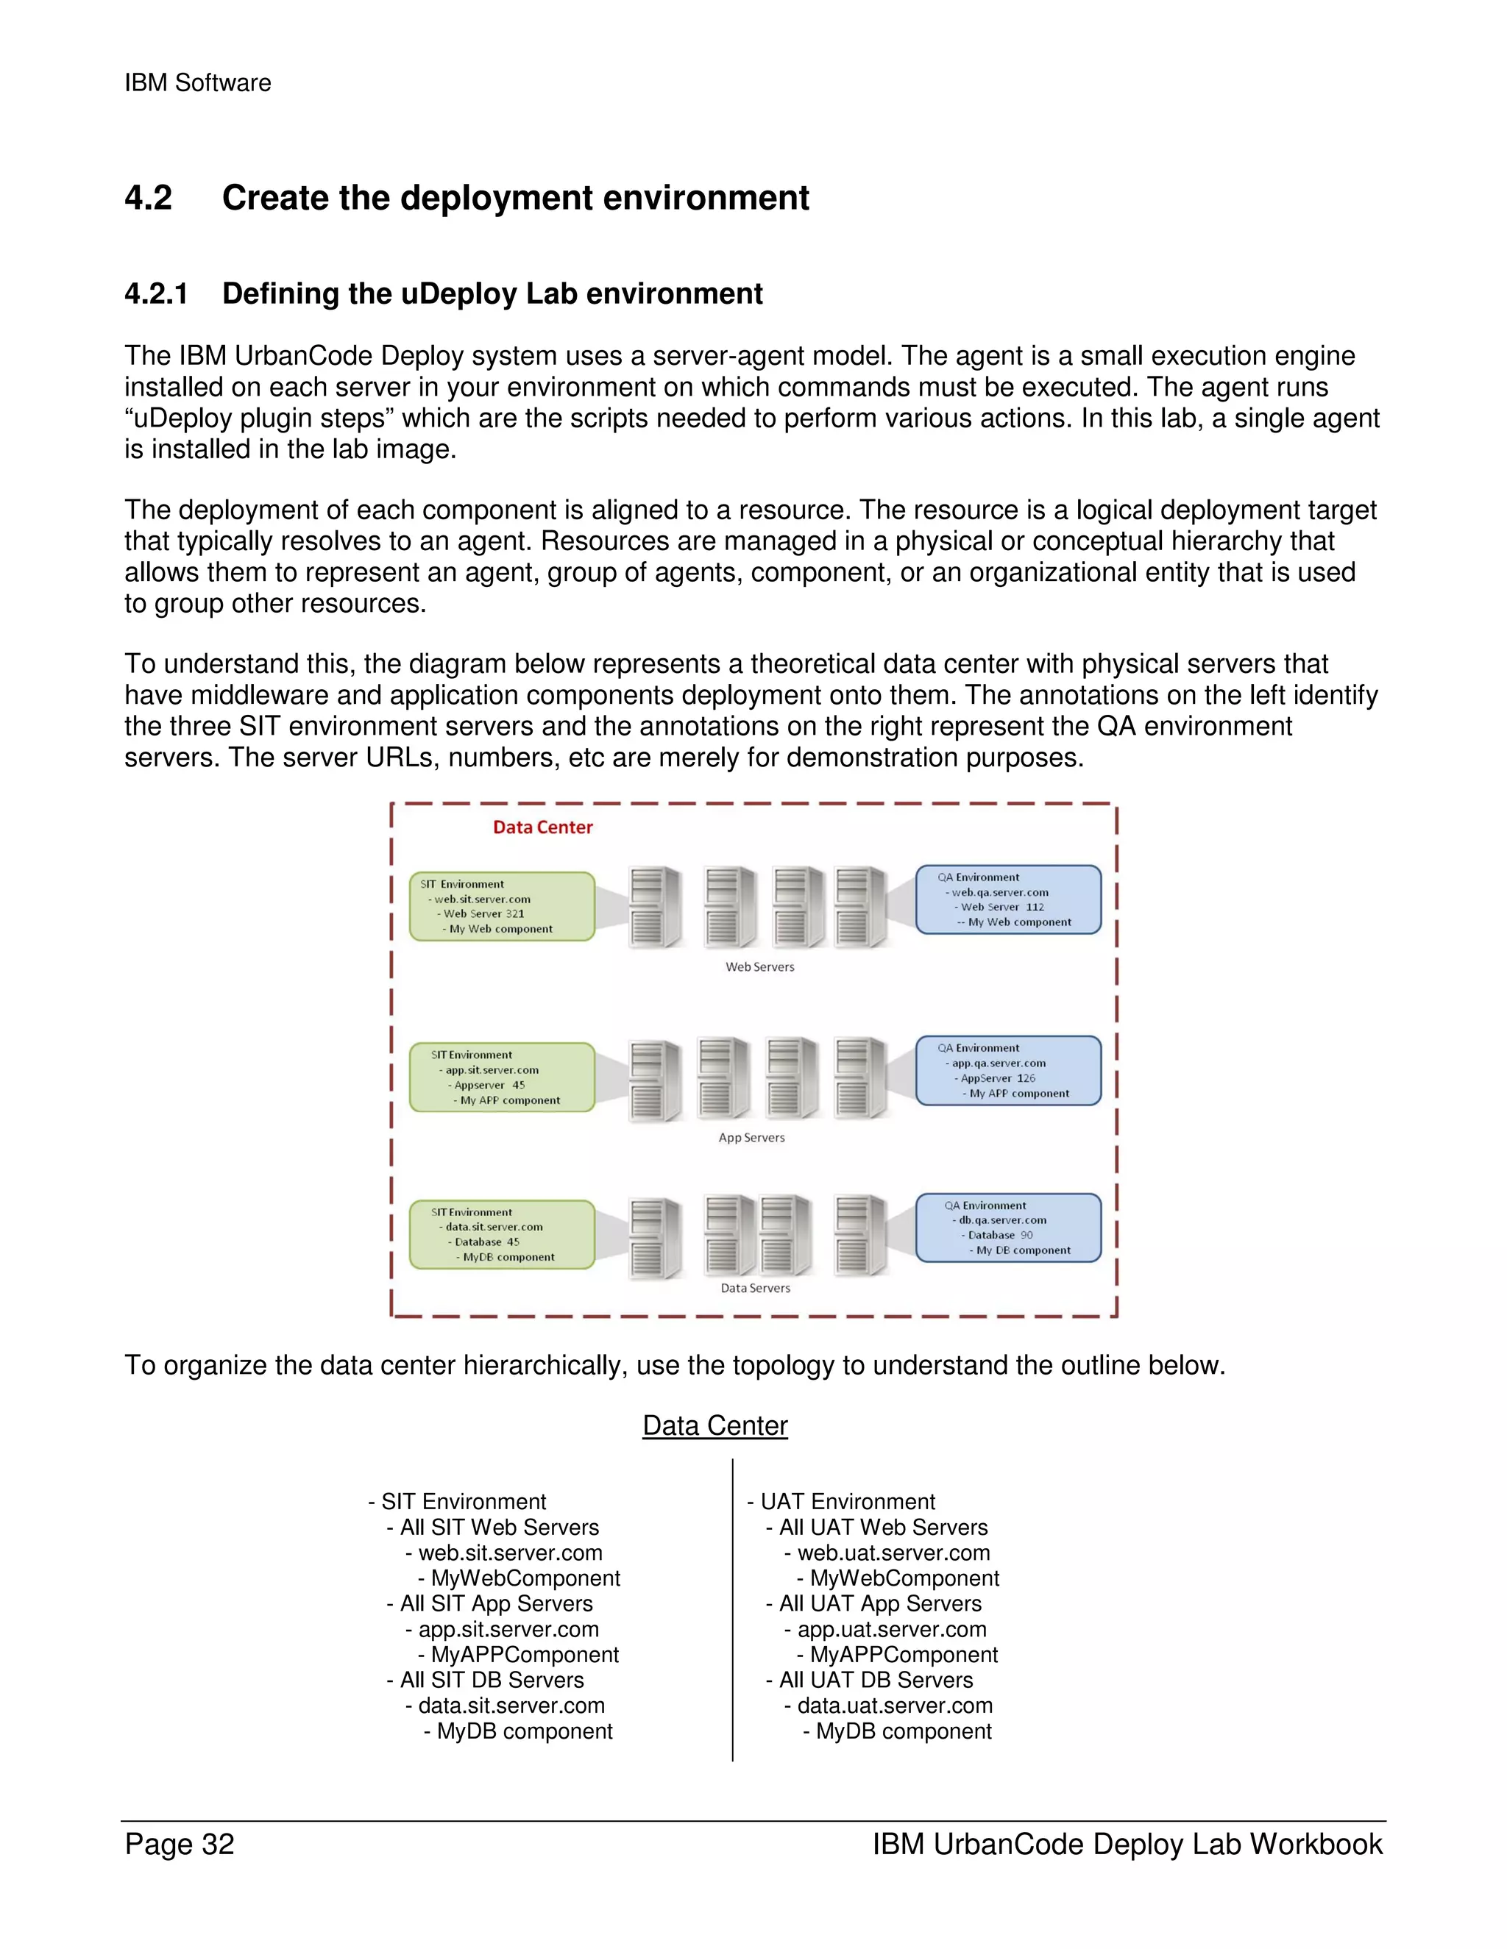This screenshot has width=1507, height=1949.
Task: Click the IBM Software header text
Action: tap(197, 83)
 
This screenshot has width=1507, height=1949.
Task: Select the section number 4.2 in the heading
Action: tap(148, 198)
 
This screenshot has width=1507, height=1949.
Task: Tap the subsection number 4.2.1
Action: tap(156, 293)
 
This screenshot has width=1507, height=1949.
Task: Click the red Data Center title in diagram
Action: tap(543, 827)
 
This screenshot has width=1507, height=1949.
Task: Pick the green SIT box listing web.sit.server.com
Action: tap(502, 907)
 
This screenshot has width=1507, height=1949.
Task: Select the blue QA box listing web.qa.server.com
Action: tap(1008, 899)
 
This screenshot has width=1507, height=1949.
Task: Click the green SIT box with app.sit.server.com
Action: tap(502, 1077)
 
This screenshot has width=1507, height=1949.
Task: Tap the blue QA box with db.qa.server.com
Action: tap(1008, 1228)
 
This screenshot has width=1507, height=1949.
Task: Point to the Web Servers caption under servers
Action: tap(759, 966)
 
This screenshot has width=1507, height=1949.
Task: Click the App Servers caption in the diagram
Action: tap(752, 1138)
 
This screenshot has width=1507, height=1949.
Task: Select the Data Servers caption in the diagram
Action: tap(755, 1288)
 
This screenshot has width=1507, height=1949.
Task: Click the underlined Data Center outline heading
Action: tap(715, 1426)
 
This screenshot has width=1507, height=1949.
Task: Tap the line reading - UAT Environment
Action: tap(842, 1502)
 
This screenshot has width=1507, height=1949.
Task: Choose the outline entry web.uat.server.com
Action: tap(893, 1553)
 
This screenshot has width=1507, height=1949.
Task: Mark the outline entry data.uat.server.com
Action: tap(895, 1706)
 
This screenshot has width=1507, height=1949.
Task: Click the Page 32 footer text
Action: tap(180, 1845)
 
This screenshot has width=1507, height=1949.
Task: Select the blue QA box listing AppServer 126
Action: tap(1008, 1071)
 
